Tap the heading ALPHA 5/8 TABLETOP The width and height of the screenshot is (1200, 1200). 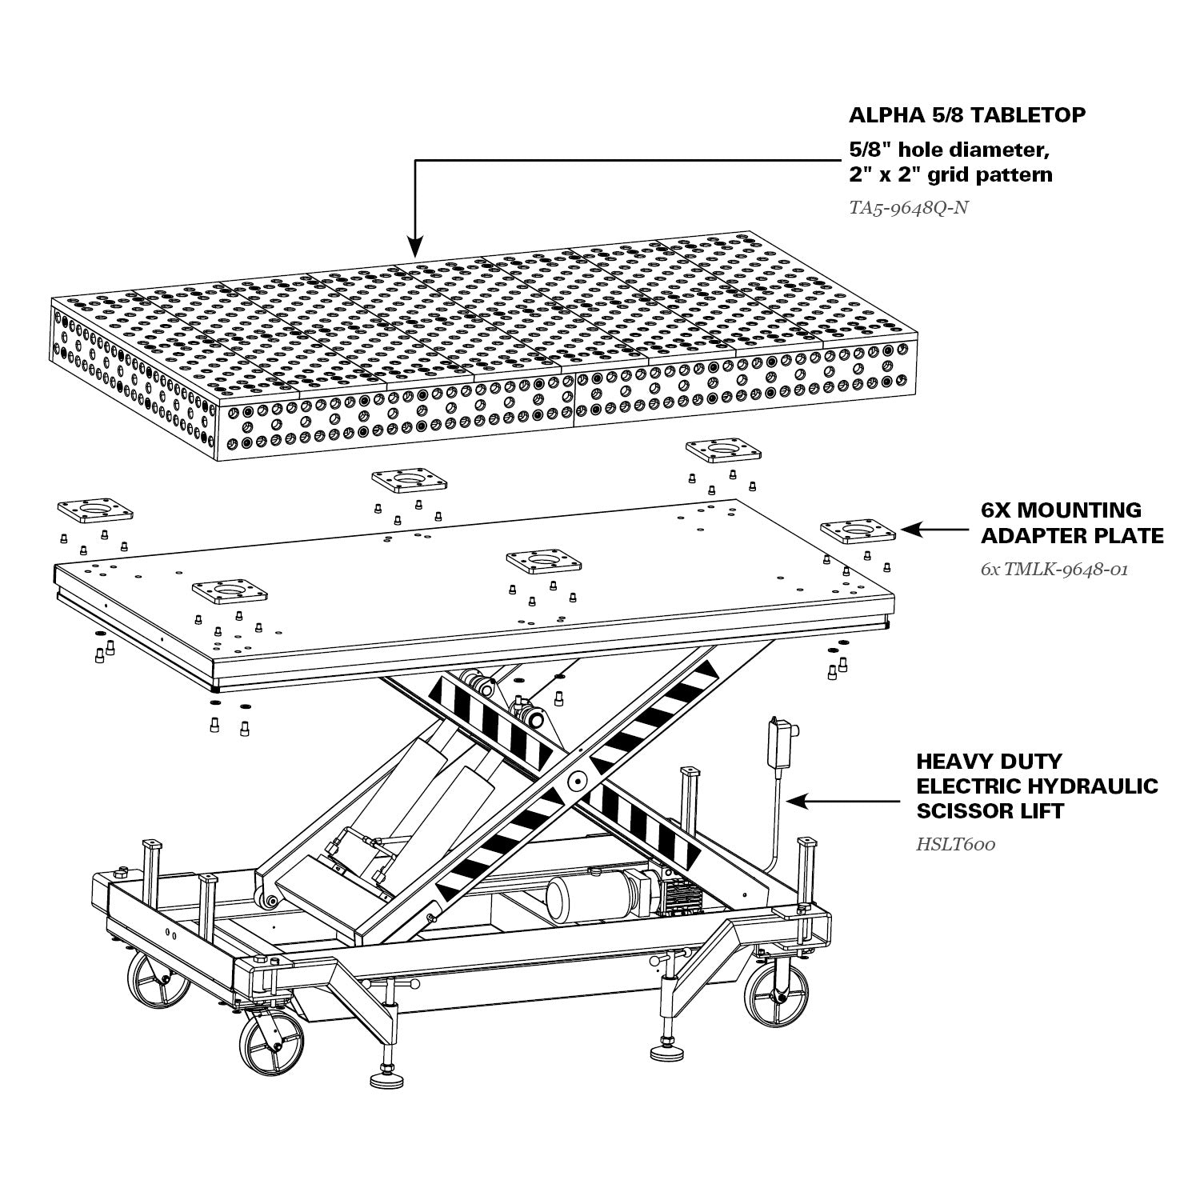point(967,114)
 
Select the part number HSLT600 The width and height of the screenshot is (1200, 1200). point(956,843)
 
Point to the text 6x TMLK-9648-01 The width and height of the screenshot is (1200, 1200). point(1054,570)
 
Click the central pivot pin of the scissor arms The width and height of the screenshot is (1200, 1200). point(575,779)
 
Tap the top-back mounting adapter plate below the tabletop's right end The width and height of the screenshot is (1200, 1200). point(723,450)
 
